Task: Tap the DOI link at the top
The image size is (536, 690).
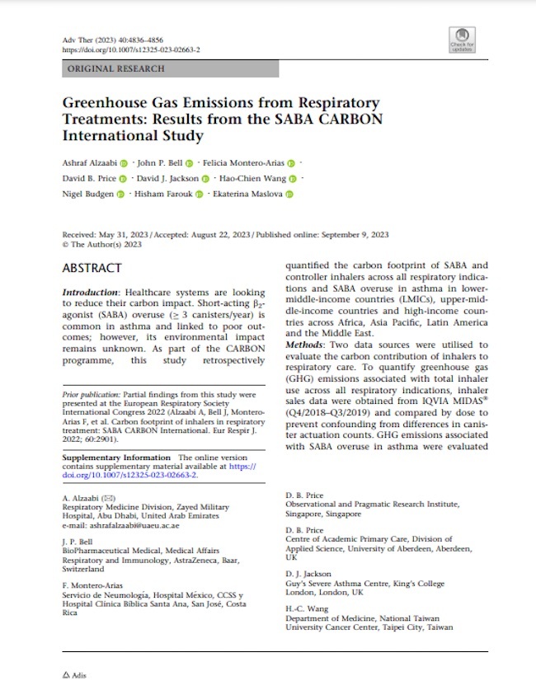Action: pyautogui.click(x=131, y=49)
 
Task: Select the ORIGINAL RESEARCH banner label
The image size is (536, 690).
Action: pyautogui.click(x=116, y=69)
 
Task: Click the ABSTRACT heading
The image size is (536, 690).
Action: pyautogui.click(x=92, y=268)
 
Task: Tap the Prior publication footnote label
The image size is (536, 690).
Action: pyautogui.click(x=90, y=396)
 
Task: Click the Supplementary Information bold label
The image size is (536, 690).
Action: pyautogui.click(x=117, y=457)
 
